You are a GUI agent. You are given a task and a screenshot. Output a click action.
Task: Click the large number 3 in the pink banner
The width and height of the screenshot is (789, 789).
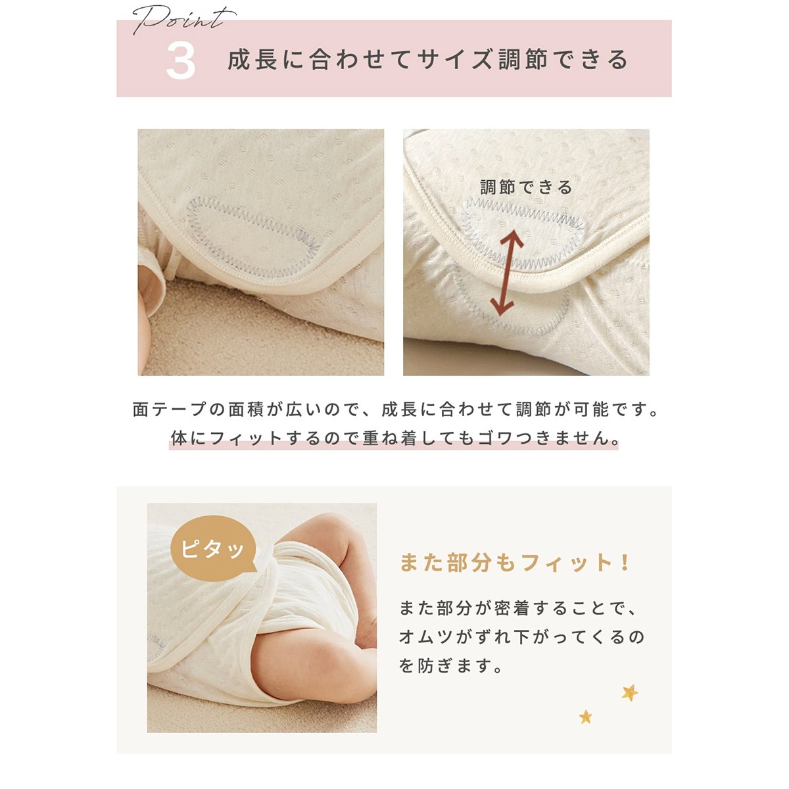coord(181,61)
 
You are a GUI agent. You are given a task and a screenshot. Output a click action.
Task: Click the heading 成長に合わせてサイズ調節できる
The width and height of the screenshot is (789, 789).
coord(428,60)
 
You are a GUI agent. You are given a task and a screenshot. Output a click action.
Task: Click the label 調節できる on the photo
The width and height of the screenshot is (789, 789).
coord(526,187)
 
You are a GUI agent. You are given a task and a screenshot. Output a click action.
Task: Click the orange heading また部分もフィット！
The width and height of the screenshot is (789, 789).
coord(515,563)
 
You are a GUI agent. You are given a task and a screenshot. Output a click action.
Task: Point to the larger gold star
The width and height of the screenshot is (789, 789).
coord(630,692)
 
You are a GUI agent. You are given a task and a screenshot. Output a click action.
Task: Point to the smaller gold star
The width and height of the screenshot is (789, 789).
coord(585,716)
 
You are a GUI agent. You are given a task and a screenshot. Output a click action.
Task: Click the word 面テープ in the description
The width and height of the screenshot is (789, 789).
coord(170,410)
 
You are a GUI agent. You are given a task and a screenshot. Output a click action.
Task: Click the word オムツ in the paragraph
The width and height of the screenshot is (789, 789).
coord(431,637)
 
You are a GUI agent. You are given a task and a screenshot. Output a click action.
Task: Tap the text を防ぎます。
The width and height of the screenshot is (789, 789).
coord(451,666)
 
